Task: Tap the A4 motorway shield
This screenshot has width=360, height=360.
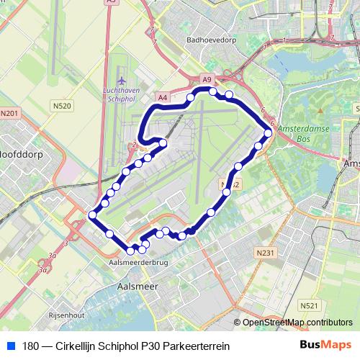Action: (163, 96)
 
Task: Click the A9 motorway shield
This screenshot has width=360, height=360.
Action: (207, 79)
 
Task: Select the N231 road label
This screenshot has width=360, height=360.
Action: (266, 253)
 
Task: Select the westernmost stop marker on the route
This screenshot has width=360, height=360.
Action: (92, 215)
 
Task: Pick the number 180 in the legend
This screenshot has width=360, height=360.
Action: (31, 346)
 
